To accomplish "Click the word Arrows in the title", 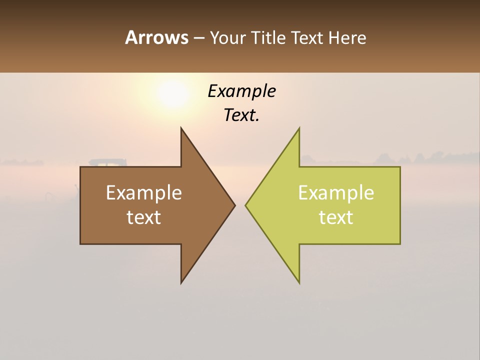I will pyautogui.click(x=156, y=37).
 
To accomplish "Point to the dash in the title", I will pyautogui.click(x=198, y=38).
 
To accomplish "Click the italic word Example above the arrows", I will pyautogui.click(x=241, y=91).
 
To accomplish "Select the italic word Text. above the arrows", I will pyautogui.click(x=241, y=115).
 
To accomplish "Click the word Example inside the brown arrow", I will pyautogui.click(x=144, y=193).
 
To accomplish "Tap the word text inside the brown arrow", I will pyautogui.click(x=144, y=217).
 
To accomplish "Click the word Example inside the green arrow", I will pyautogui.click(x=336, y=193).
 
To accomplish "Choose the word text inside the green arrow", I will pyautogui.click(x=336, y=217).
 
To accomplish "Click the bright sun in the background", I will pyautogui.click(x=172, y=93).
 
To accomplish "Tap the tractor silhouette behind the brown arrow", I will pyautogui.click(x=108, y=162).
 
